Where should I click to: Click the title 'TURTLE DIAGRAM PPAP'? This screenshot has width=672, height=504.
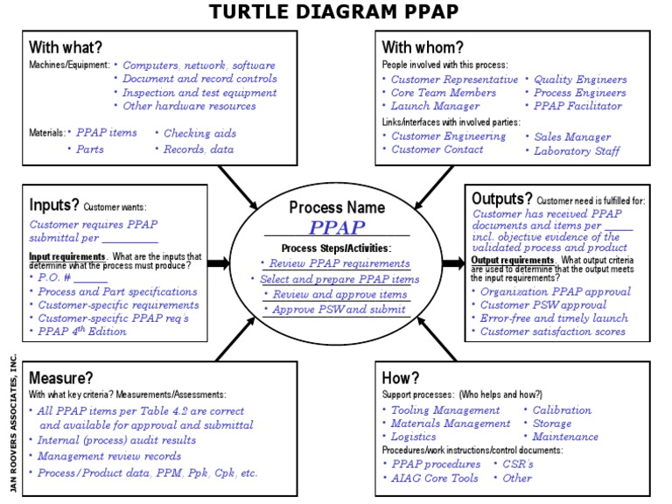[334, 12]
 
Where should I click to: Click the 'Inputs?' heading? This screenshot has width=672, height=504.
[53, 206]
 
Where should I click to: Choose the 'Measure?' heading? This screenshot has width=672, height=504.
[61, 378]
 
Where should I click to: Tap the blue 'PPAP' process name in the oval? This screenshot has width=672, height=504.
[336, 228]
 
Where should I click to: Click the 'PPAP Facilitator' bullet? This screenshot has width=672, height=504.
[577, 106]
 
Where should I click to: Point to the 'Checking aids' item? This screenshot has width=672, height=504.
[199, 133]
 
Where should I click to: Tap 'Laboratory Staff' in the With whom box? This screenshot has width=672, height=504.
[577, 150]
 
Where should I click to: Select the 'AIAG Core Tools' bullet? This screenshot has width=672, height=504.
[435, 478]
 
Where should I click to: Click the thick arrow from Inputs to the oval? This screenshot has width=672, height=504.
[219, 262]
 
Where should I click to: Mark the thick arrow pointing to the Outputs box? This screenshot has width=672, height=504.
[453, 262]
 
